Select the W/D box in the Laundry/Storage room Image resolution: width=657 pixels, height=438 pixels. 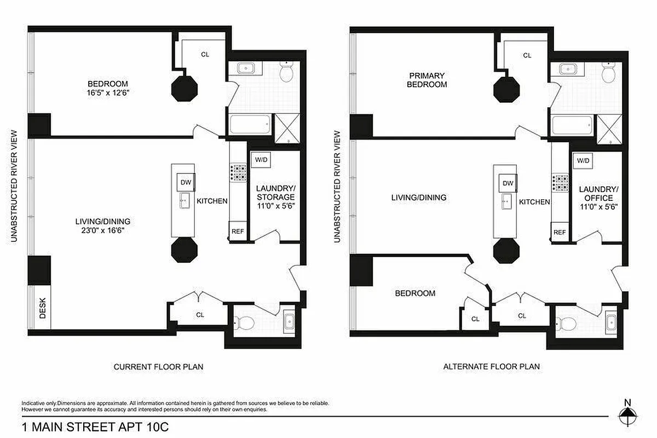[x=260, y=160]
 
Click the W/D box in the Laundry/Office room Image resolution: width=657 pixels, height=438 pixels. [x=583, y=160]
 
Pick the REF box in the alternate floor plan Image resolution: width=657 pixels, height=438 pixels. [x=559, y=232]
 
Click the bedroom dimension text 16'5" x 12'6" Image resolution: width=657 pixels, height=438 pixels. [x=108, y=93]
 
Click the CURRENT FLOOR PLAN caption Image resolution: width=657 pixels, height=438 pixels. [x=158, y=367]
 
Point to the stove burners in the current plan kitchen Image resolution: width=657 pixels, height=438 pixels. [x=239, y=173]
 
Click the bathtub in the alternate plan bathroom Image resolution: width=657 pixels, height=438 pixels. [x=572, y=125]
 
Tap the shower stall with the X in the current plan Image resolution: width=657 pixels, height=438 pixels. [x=286, y=127]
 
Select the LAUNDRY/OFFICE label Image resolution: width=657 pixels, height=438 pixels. [x=598, y=193]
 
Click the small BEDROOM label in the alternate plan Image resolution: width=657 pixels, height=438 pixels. [x=415, y=293]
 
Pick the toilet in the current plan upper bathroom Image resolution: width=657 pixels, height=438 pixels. [x=287, y=72]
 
